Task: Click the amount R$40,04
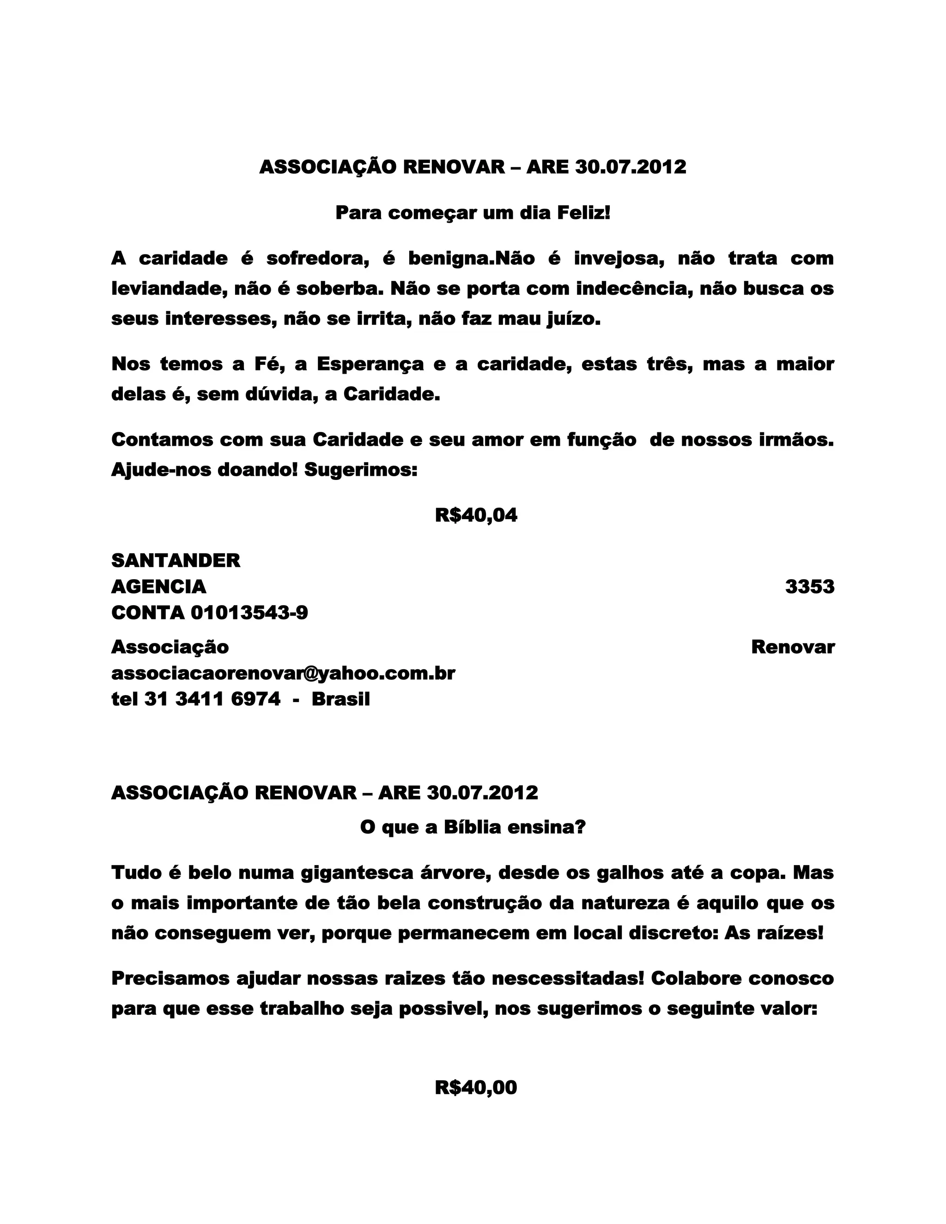pyautogui.click(x=476, y=515)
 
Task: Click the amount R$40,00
pyautogui.click(x=476, y=1087)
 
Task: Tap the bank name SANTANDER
pyautogui.click(x=176, y=560)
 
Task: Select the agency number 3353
pyautogui.click(x=809, y=587)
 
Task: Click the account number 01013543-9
pyautogui.click(x=249, y=612)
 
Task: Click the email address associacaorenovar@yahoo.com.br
pyautogui.click(x=283, y=673)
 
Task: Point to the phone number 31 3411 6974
pyautogui.click(x=212, y=699)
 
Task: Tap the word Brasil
pyautogui.click(x=341, y=699)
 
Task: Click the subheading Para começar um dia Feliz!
pyautogui.click(x=473, y=213)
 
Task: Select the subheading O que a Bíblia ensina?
pyautogui.click(x=473, y=827)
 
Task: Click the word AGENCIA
pyautogui.click(x=158, y=587)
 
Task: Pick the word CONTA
pyautogui.click(x=148, y=612)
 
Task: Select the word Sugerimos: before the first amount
pyautogui.click(x=361, y=470)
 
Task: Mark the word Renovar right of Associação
pyautogui.click(x=793, y=647)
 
